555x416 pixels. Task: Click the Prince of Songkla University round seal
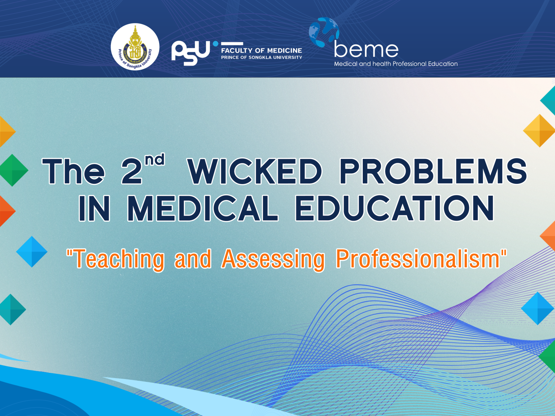[x=135, y=47]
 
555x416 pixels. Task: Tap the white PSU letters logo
[x=190, y=53]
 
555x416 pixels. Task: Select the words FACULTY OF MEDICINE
[x=261, y=51]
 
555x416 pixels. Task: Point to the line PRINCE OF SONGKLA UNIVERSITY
[x=261, y=57]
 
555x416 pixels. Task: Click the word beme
[x=366, y=49]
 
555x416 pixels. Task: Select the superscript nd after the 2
[x=155, y=160]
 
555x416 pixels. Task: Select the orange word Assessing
[x=273, y=259]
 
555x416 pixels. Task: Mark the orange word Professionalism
[x=418, y=259]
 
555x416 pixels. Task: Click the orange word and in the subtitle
[x=193, y=259]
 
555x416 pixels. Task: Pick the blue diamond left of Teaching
[x=32, y=252]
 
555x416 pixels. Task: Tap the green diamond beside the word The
[x=13, y=170]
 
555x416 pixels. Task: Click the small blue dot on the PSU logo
[x=215, y=44]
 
